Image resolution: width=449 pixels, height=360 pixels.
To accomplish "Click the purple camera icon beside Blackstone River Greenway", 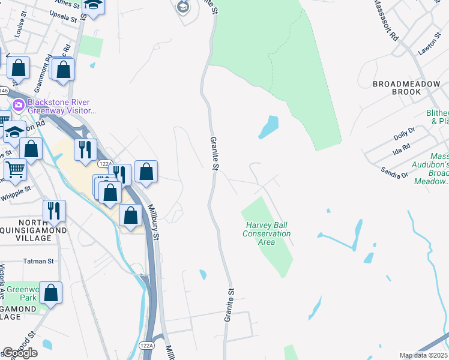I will [19, 106].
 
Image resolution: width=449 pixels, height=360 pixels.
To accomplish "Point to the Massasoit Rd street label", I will [385, 20].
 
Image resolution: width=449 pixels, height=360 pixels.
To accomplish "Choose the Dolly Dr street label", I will [404, 134].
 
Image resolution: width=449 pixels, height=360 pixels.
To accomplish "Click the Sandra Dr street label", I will [394, 172].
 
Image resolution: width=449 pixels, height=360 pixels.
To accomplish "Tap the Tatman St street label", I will [38, 262].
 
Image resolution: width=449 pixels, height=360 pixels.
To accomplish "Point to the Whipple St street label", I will [16, 193].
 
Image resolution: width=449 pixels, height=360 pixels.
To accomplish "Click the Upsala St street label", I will [63, 15].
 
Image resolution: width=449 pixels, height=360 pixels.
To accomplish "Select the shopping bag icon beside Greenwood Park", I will [51, 293].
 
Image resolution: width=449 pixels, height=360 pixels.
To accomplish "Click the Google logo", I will [20, 353].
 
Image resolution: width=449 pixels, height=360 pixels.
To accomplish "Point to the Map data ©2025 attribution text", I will [423, 355].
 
